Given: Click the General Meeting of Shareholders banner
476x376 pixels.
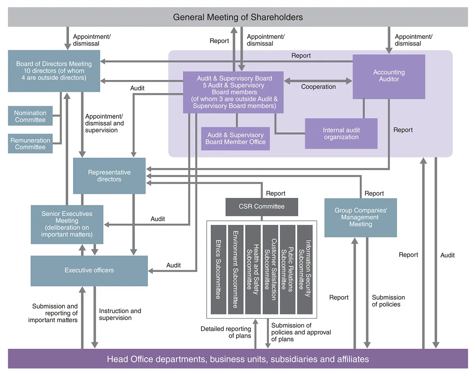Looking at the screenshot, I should click(238, 17).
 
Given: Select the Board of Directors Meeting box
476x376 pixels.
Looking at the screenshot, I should click(54, 71).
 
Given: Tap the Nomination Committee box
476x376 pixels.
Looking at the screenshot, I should click(30, 116).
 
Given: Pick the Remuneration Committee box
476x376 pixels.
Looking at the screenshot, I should click(30, 144).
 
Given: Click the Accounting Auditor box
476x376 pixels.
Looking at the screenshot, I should click(389, 76).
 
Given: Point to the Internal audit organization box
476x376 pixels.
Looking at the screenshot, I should click(341, 134).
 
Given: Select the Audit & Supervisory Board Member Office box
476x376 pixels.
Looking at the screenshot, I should click(236, 139).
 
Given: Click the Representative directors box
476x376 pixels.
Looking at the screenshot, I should click(109, 176).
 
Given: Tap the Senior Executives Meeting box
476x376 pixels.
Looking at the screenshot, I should click(67, 224).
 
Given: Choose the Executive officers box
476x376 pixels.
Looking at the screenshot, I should click(89, 270).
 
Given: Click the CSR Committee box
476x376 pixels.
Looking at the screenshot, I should click(261, 207).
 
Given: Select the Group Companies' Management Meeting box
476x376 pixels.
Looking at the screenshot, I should click(361, 217).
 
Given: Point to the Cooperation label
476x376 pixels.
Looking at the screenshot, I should click(318, 87).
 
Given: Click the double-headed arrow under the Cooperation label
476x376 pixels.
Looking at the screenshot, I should click(318, 81).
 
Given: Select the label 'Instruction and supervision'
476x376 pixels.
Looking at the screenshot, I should click(120, 314).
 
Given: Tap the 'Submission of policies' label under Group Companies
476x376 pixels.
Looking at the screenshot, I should click(388, 301).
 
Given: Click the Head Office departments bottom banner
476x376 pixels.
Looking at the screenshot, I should click(238, 359).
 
